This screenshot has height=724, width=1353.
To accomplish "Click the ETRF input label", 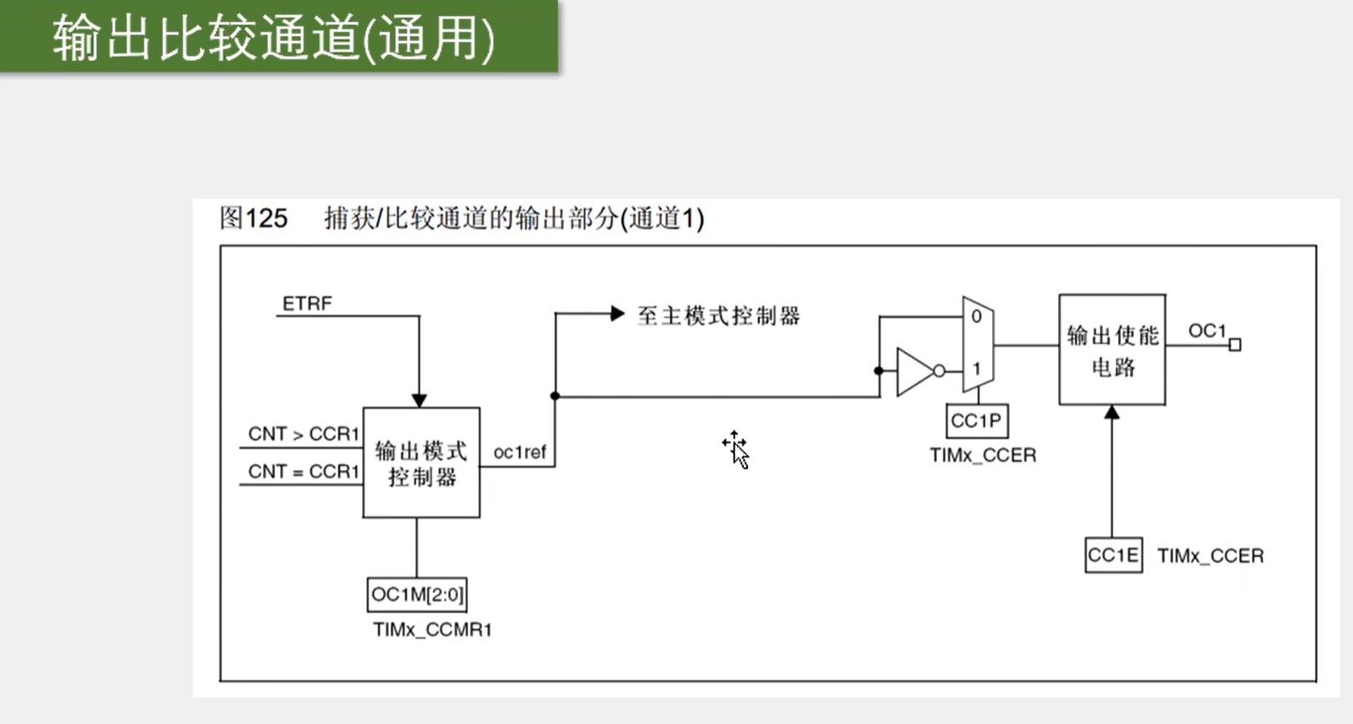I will tap(307, 303).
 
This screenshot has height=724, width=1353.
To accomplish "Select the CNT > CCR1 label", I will tap(303, 434).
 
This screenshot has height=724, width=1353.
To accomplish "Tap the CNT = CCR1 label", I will tap(303, 472).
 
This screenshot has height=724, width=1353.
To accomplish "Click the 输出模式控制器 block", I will tap(421, 463).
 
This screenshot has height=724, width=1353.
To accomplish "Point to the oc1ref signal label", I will tap(519, 452).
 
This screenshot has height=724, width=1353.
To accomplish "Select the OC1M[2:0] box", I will tap(417, 594).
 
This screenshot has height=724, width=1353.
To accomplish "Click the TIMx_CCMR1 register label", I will tap(432, 630).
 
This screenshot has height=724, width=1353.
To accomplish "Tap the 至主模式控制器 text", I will tap(719, 316).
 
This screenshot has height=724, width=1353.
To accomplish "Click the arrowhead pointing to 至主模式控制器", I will tap(618, 314).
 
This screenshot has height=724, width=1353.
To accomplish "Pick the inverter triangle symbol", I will tap(915, 370).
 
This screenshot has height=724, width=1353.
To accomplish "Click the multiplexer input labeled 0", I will tap(976, 317).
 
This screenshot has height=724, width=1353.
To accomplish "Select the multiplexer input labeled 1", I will tap(976, 368).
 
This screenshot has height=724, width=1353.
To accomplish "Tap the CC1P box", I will tap(976, 421).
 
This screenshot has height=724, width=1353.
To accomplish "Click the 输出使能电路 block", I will tap(1111, 349).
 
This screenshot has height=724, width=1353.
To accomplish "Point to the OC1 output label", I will tap(1206, 331).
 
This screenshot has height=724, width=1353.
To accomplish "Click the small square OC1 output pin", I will tap(1234, 344).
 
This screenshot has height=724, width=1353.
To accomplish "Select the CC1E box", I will tap(1113, 555).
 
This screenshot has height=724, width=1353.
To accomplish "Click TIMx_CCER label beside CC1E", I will tap(1210, 556).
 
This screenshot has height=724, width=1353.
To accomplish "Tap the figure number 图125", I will tap(253, 218).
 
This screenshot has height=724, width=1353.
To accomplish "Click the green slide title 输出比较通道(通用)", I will tap(274, 38).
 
